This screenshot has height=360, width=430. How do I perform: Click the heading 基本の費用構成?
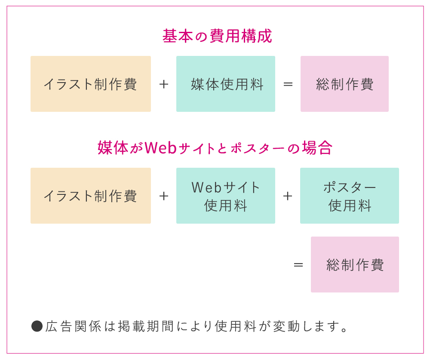click(217, 36)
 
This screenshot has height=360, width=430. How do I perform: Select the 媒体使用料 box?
click(226, 84)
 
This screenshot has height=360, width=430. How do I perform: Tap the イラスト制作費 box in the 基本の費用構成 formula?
click(91, 84)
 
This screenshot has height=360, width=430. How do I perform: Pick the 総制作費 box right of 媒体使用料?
click(344, 84)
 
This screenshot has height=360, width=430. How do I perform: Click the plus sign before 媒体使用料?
click(163, 84)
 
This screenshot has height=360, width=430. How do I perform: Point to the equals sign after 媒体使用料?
click(288, 84)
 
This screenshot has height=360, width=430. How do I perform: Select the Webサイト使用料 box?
click(226, 196)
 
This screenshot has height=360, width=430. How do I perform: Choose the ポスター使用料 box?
click(350, 196)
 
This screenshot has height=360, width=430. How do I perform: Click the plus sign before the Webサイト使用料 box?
click(163, 196)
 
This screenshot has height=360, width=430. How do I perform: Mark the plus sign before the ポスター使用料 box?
click(288, 196)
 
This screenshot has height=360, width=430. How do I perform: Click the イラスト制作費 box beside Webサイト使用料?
click(91, 196)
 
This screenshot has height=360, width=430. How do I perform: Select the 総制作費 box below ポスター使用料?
click(355, 265)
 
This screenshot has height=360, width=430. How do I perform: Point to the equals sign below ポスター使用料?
click(298, 265)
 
